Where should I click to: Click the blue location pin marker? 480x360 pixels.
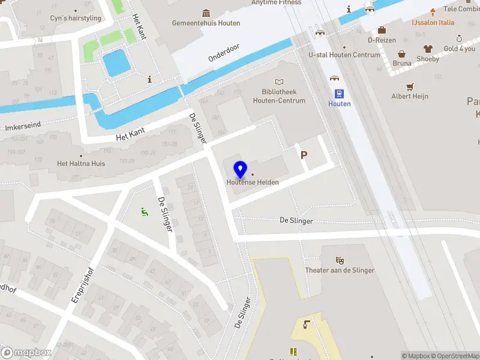pos(241,170)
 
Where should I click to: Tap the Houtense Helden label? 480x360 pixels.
pos(252,182)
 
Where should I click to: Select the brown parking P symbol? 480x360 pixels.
pos(304,155)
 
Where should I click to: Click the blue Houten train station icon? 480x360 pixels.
pos(339,93)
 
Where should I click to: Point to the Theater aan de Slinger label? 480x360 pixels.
pos(339,270)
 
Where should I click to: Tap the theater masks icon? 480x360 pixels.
pos(340,260)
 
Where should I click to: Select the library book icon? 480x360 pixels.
pos(279,82)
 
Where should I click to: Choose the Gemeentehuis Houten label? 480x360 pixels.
pos(206,23)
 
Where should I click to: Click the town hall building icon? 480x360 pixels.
pos(206,13)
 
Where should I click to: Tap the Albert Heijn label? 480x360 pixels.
pos(410,96)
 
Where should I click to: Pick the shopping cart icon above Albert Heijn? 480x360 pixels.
pos(410,86)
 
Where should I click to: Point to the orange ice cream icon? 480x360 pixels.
pos(432,13)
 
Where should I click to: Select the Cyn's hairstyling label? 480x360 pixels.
pos(76,19)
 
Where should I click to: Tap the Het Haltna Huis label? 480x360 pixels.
pos(81,163)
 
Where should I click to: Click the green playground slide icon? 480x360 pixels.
pos(144,211)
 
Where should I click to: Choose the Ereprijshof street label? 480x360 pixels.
pos(83,284)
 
